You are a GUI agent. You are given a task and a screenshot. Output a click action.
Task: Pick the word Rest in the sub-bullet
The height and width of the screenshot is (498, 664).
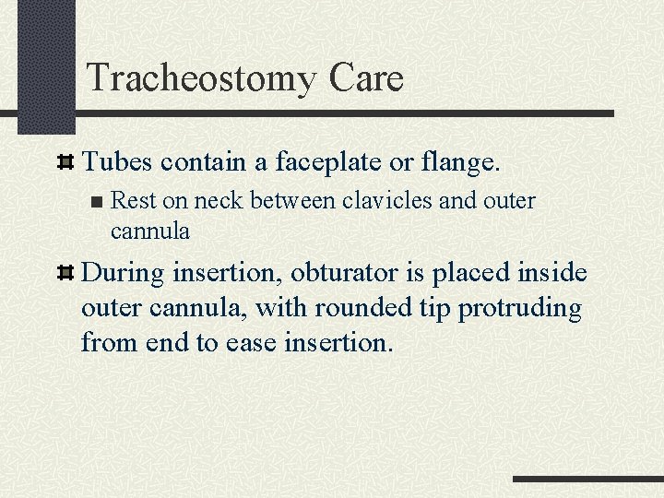(x=131, y=201)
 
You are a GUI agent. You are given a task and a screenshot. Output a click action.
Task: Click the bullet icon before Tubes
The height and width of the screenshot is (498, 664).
(x=65, y=164)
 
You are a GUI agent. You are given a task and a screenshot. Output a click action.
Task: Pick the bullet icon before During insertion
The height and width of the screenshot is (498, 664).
(x=65, y=275)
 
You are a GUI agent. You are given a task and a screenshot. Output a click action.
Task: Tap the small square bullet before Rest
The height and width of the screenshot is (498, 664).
(x=98, y=202)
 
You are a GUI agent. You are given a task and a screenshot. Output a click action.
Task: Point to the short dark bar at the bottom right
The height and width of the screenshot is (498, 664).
(x=587, y=479)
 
